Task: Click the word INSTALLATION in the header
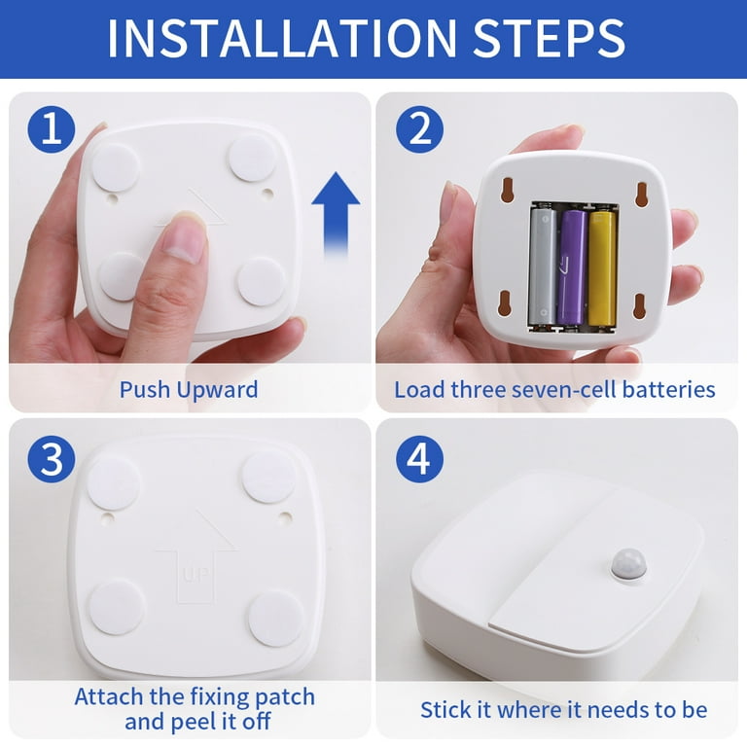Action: click(282, 38)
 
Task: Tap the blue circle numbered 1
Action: click(52, 129)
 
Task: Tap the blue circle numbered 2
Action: click(420, 129)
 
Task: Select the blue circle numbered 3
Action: click(52, 459)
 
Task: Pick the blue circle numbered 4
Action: click(420, 459)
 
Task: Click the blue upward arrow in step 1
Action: click(336, 214)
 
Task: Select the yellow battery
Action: click(603, 267)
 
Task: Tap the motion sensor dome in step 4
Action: click(629, 565)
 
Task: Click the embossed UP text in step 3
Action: click(196, 575)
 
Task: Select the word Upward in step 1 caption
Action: click(217, 390)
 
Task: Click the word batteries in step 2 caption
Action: click(669, 389)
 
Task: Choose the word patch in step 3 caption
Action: click(285, 697)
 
